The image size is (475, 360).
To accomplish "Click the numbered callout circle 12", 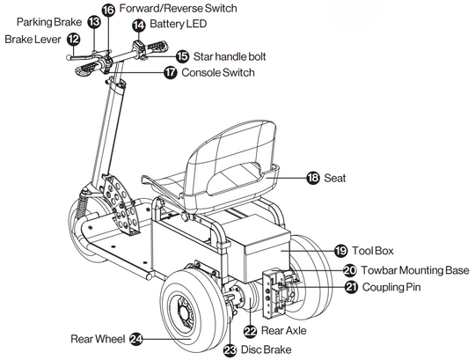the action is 73,39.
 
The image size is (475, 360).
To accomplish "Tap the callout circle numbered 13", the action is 94,22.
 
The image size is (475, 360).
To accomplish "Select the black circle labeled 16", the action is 108,10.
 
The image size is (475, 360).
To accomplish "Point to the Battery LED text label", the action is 178,24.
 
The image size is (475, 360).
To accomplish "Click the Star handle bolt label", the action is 230,56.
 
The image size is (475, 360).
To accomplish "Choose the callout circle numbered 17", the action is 171,72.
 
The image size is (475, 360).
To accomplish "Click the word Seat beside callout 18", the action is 335,178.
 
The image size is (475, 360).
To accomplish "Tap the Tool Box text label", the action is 373,251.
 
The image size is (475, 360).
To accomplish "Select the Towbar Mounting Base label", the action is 415,270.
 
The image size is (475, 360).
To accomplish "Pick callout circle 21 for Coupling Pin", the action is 351,287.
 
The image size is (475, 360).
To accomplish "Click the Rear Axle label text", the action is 283,331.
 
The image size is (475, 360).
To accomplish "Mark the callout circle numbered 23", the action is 230,350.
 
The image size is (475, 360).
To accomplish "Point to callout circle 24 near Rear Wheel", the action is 136,339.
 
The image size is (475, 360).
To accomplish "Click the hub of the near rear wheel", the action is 182,311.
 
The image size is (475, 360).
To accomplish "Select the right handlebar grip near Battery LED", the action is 157,47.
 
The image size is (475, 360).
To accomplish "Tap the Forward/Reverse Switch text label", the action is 178,9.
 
